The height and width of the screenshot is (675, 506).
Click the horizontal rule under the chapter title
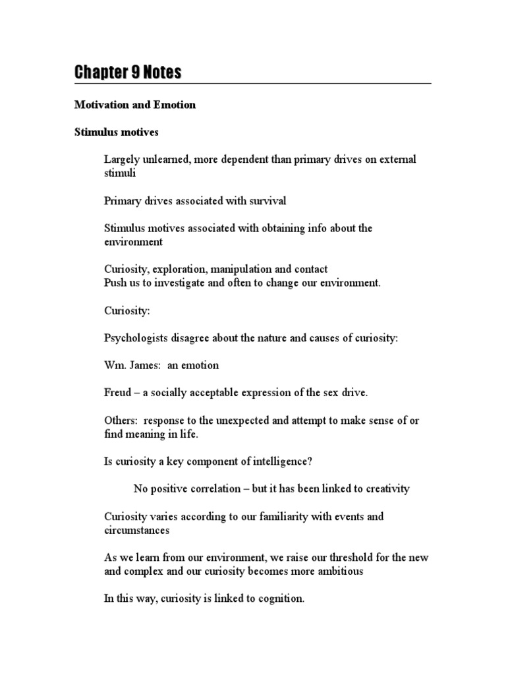click(252, 84)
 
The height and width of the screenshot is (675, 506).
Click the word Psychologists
click(134, 337)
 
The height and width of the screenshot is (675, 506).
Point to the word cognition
click(279, 599)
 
